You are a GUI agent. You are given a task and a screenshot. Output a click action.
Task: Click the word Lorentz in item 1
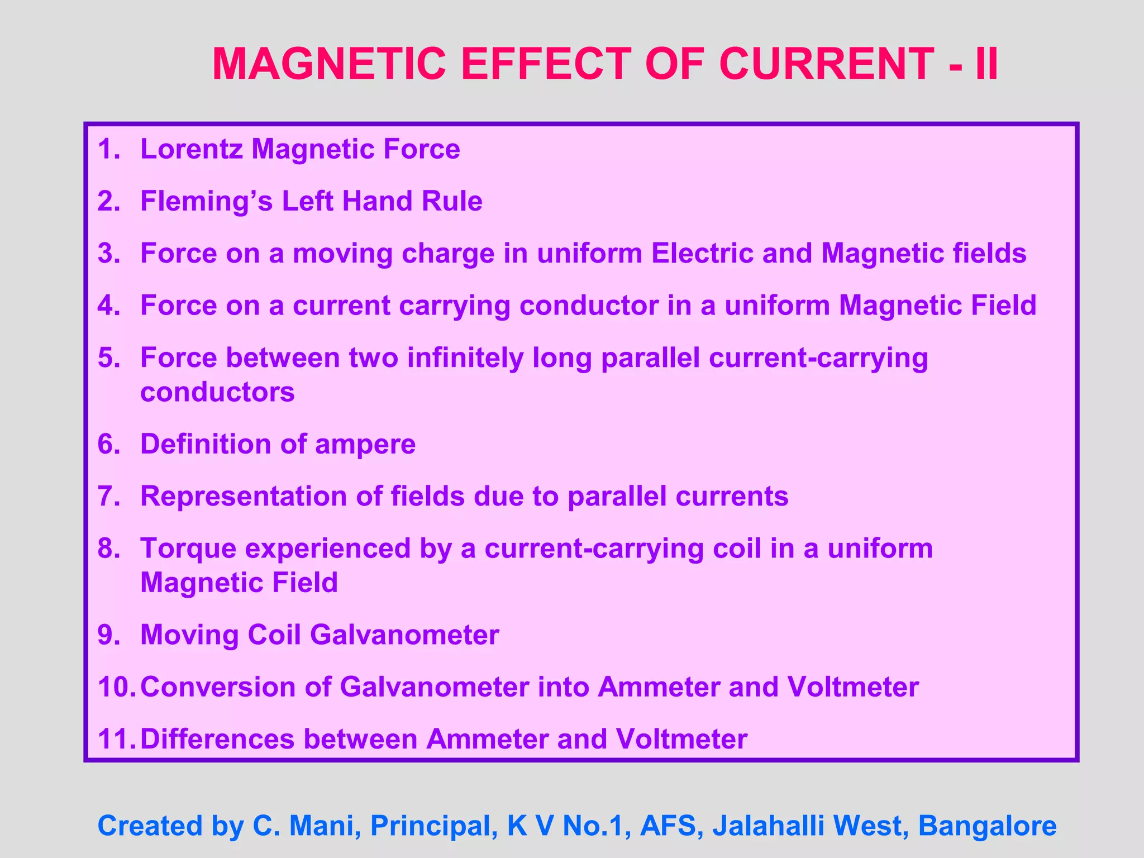pos(191,149)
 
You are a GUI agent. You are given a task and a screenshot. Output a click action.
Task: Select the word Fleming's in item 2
pos(206,201)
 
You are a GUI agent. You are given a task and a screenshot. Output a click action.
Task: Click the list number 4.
pos(108,306)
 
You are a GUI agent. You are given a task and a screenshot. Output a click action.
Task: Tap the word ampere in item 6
pos(365,445)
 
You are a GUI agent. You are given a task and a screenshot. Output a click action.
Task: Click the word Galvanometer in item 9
pos(404,635)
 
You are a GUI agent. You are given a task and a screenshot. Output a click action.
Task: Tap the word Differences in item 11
pos(217,739)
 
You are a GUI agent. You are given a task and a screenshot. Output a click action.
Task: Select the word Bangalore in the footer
pos(987,826)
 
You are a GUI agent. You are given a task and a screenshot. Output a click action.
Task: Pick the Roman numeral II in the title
pos(986,64)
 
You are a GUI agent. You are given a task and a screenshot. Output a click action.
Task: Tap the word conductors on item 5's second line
pos(217,392)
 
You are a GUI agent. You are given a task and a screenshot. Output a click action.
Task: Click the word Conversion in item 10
pos(217,687)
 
